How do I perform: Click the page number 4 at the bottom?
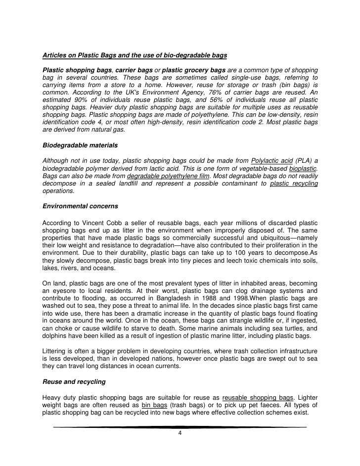180,434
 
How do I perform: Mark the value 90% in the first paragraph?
73,99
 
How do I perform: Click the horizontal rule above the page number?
180,427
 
